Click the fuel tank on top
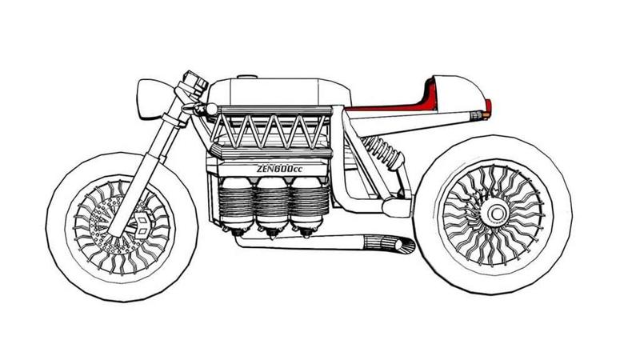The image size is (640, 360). pyautogui.click(x=272, y=90)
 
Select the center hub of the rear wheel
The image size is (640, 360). pyautogui.click(x=494, y=212)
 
